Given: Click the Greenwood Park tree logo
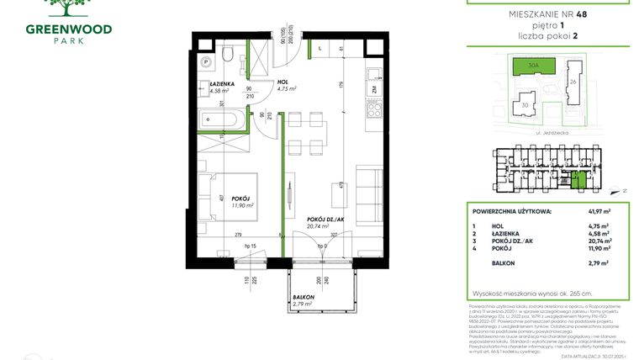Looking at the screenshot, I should click(x=59, y=8).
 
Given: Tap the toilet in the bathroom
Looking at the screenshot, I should click(x=228, y=57).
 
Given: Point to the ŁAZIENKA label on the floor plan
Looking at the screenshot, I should click(x=222, y=85).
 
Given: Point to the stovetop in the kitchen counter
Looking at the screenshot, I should click(x=371, y=109).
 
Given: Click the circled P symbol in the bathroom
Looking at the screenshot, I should click(x=205, y=61).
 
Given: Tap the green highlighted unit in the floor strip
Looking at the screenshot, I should click(x=576, y=177).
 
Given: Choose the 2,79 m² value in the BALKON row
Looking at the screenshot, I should click(x=598, y=263).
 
